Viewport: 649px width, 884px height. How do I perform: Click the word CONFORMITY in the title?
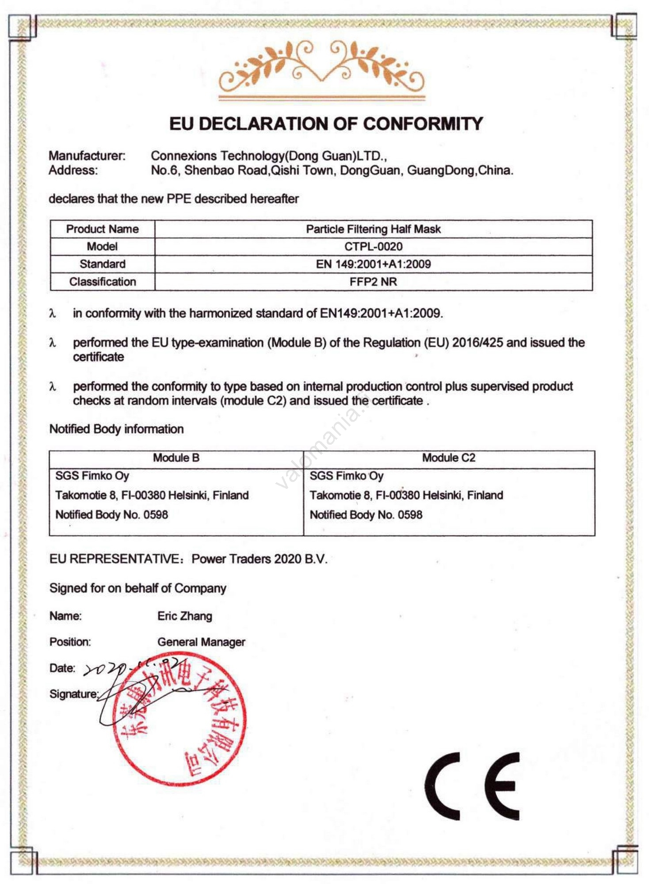coord(423,124)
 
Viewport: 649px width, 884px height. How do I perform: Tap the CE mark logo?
coord(472,786)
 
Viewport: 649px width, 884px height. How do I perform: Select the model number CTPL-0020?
coord(373,247)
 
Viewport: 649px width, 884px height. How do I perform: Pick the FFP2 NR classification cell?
coord(373,282)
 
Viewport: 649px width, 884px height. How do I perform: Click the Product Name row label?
coord(102,229)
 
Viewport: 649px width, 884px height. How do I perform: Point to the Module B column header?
coord(176,458)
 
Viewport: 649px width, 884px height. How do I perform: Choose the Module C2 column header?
coord(448,458)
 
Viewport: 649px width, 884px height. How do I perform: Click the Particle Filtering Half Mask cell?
coord(373,229)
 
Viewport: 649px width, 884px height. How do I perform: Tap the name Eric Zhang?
coord(184,616)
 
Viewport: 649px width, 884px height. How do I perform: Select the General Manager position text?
coord(201,642)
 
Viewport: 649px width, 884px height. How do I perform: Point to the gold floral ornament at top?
coord(322,69)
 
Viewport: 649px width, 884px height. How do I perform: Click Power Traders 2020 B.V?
coord(259,559)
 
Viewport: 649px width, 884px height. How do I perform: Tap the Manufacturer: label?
coord(87,156)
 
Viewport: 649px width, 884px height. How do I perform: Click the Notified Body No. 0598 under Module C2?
coord(366,515)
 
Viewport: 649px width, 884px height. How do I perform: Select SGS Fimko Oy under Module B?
coord(92,476)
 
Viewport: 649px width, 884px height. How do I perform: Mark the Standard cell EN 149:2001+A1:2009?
coord(373,264)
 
